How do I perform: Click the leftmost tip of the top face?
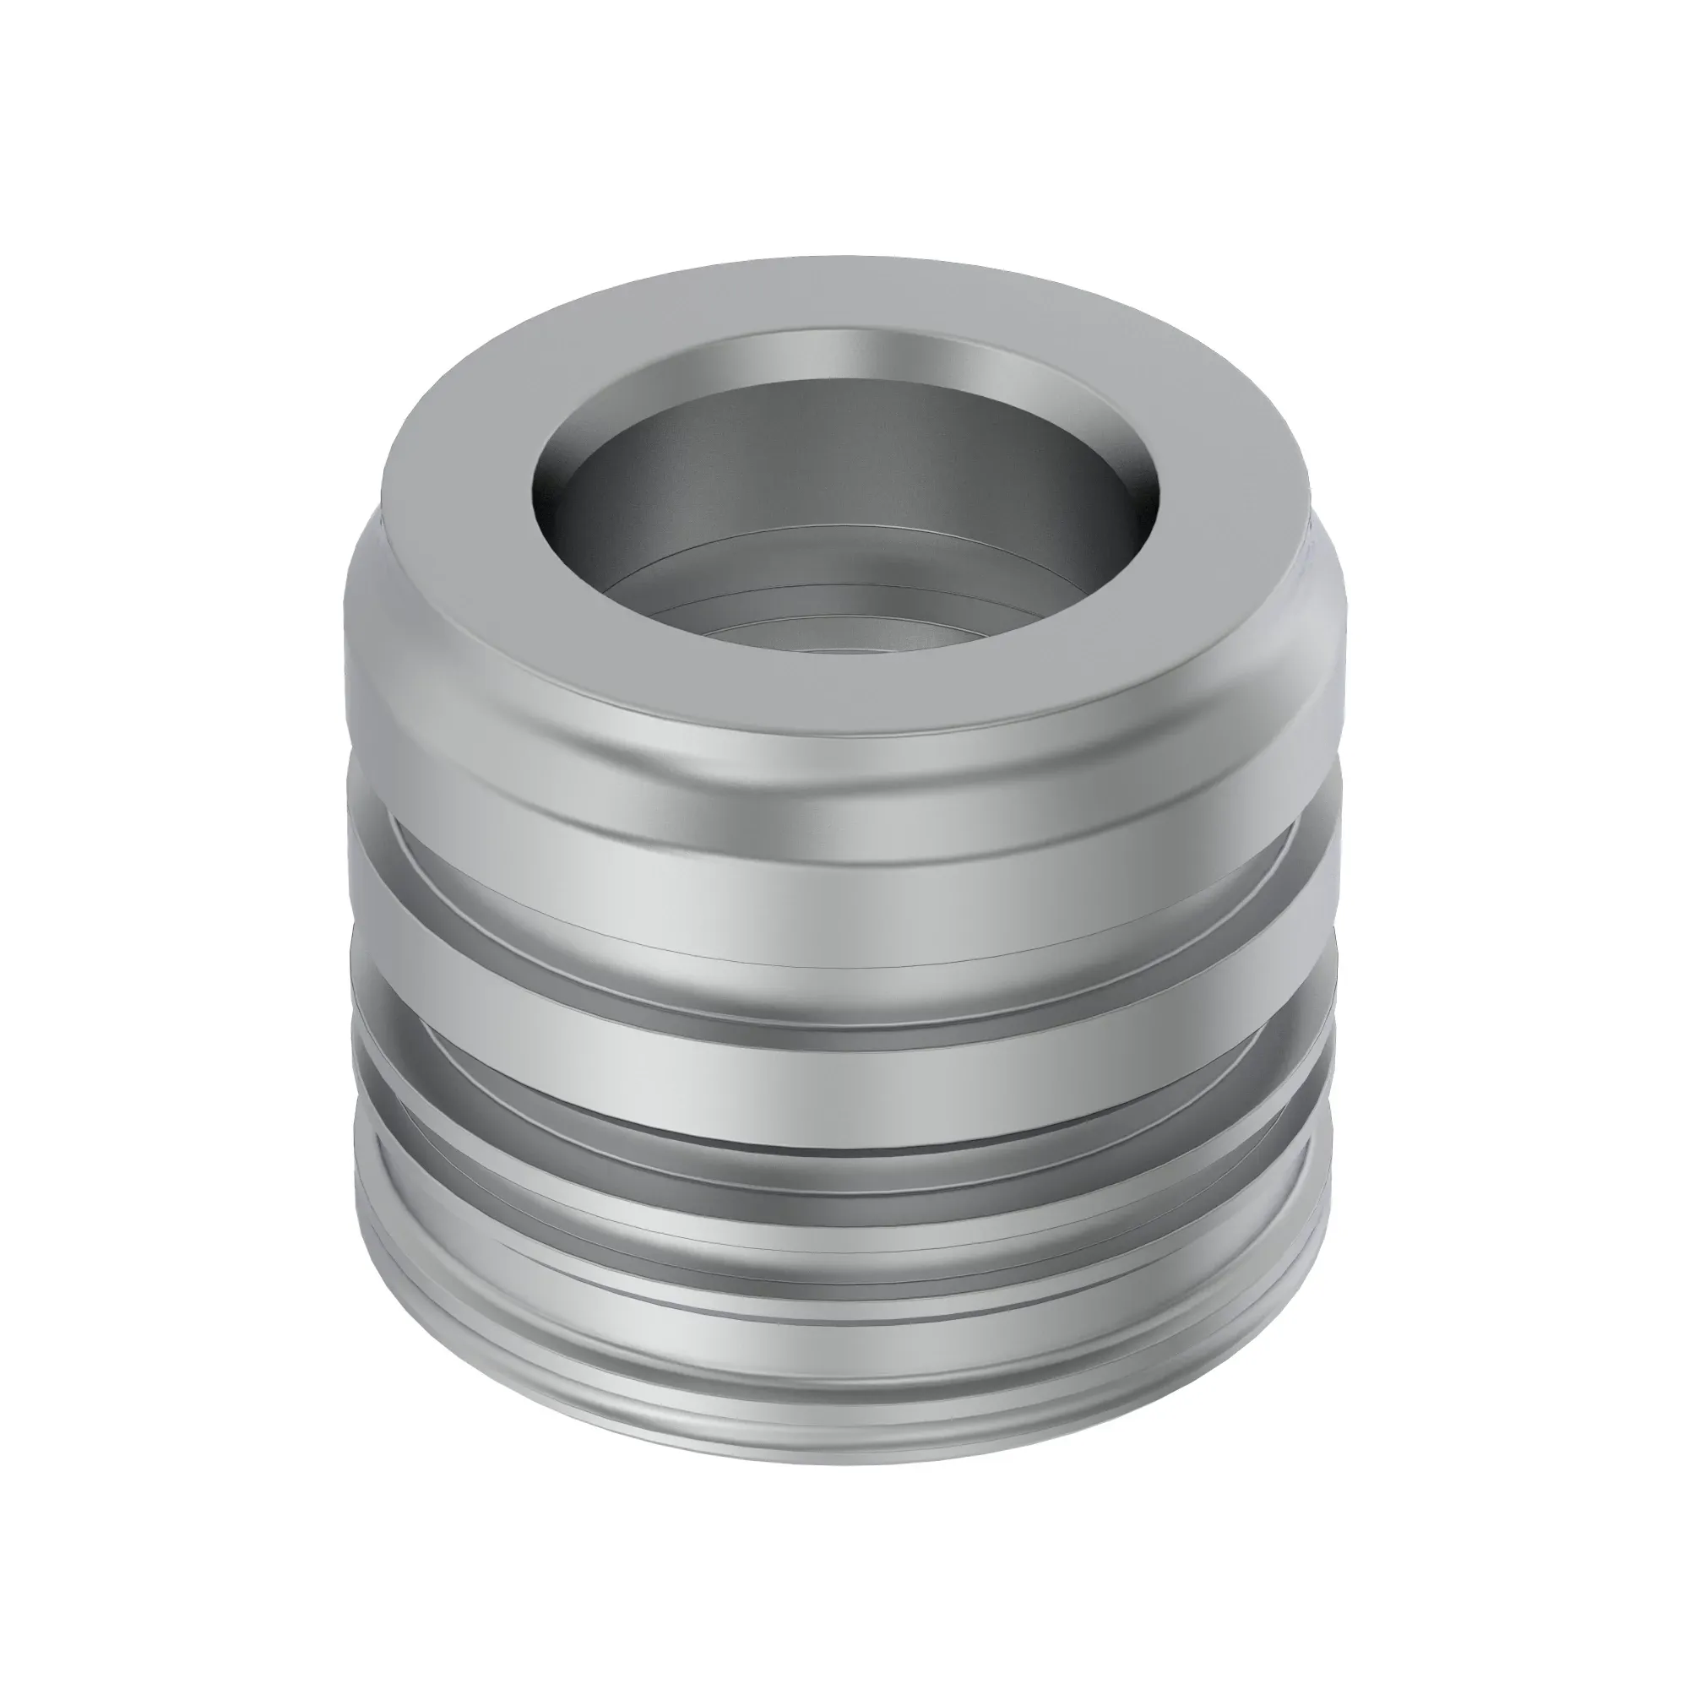[x=382, y=507]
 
